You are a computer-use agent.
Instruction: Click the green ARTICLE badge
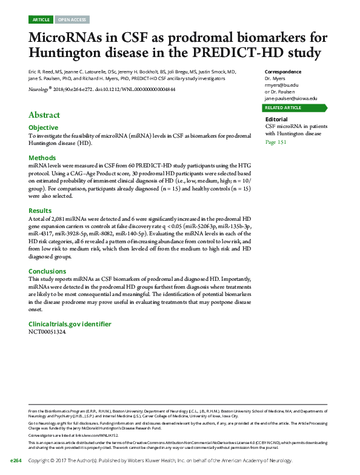click(41, 20)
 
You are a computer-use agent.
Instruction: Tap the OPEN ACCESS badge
click(72, 20)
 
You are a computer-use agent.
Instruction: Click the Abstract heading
click(44, 115)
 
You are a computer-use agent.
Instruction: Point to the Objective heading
click(44, 128)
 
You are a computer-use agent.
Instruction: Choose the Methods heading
click(42, 158)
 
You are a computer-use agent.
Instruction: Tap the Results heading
click(41, 210)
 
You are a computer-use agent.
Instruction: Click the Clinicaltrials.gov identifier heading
click(70, 324)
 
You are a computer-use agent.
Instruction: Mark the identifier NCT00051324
click(47, 332)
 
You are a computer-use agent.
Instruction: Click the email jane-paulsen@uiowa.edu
click(292, 98)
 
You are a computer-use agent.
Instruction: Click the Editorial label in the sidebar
click(276, 120)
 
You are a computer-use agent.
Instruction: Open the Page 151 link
click(276, 142)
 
